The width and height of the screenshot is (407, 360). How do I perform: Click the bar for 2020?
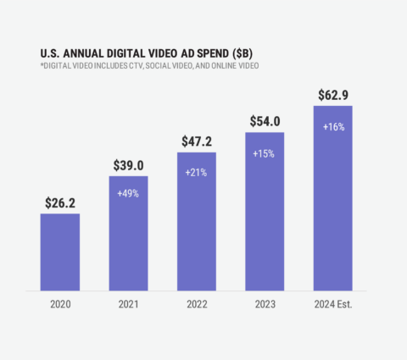(x=60, y=252)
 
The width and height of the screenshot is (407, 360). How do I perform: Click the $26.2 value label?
(x=60, y=203)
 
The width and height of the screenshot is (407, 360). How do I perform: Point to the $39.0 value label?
(x=128, y=165)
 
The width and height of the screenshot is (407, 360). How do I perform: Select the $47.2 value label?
(x=196, y=141)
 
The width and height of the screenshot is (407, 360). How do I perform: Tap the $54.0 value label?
(x=264, y=121)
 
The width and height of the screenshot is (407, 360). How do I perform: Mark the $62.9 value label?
(x=332, y=95)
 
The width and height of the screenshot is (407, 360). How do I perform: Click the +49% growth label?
(x=128, y=192)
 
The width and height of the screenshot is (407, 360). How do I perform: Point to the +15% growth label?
(x=264, y=154)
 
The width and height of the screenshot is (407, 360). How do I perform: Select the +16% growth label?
(x=332, y=126)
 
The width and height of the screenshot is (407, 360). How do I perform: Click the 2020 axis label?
(x=60, y=304)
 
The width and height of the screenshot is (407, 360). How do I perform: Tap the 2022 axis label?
(x=196, y=304)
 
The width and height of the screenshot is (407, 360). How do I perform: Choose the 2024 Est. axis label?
(x=332, y=304)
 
